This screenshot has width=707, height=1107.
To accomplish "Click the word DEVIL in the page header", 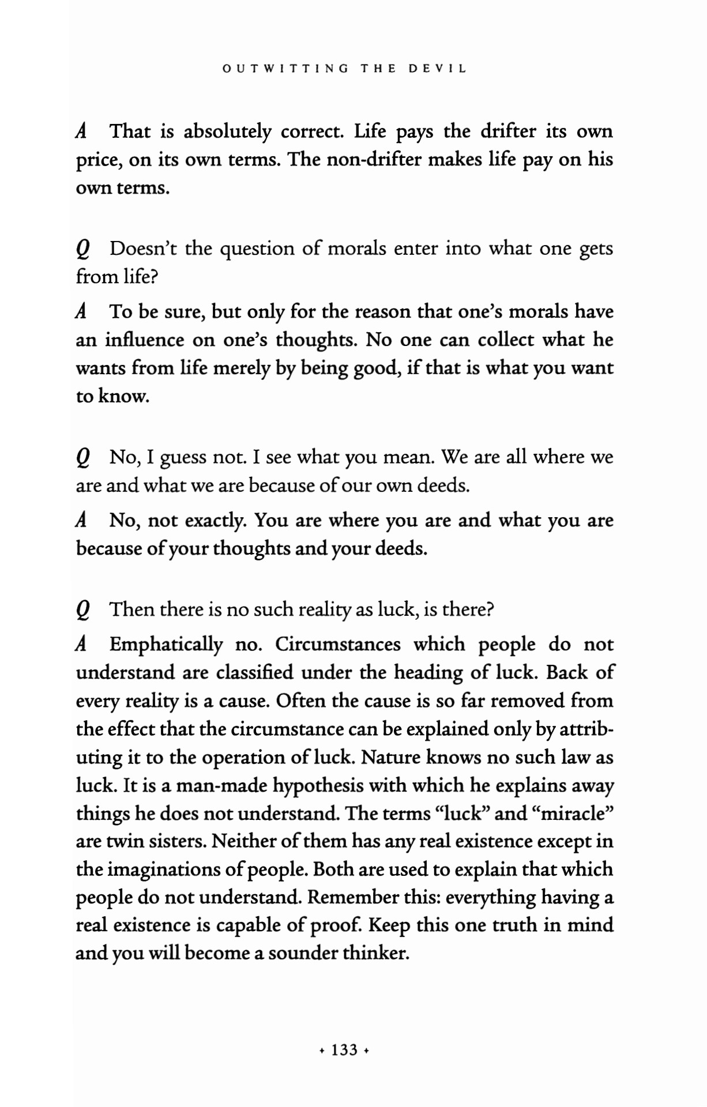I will point(438,69).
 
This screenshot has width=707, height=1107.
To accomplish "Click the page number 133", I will point(344,1050).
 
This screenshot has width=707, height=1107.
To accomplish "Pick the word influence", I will point(144,340).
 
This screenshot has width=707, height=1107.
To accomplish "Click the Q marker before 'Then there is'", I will point(82,610).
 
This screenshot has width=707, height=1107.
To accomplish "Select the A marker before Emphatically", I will point(82,644).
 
